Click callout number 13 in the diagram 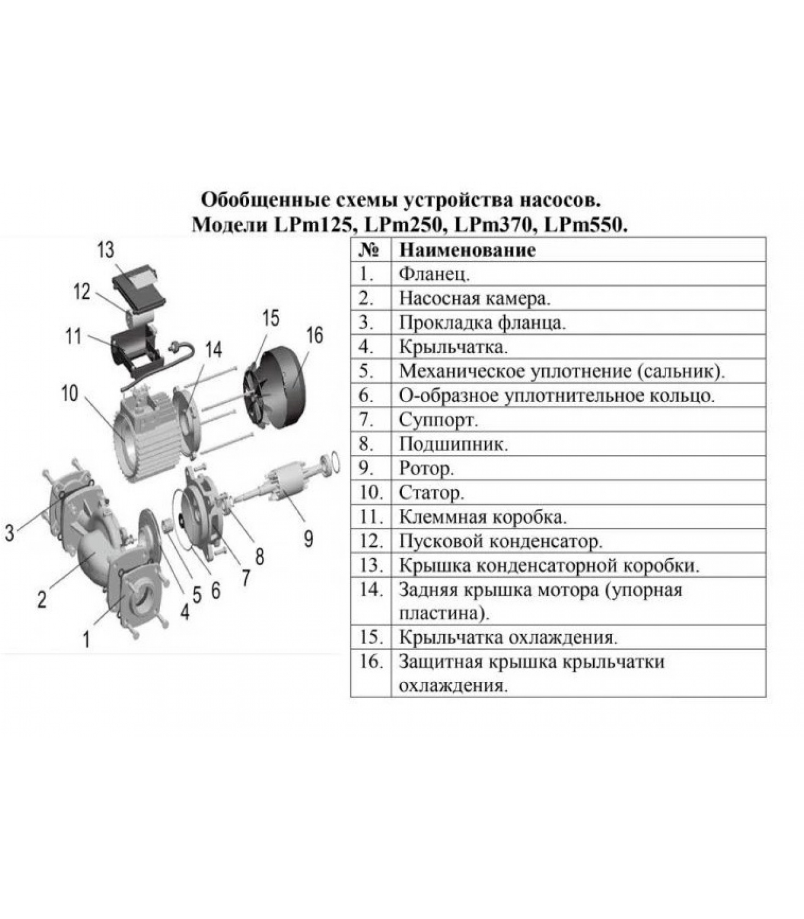point(106,250)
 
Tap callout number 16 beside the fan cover point(315,335)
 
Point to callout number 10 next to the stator point(70,393)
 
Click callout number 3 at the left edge point(9,533)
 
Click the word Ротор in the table point(426,469)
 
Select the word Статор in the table point(431,493)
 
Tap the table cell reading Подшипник point(454,445)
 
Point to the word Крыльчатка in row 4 point(453,347)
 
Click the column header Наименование point(467,250)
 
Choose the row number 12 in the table point(370,541)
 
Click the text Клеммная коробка point(483,517)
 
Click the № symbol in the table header point(370,250)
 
